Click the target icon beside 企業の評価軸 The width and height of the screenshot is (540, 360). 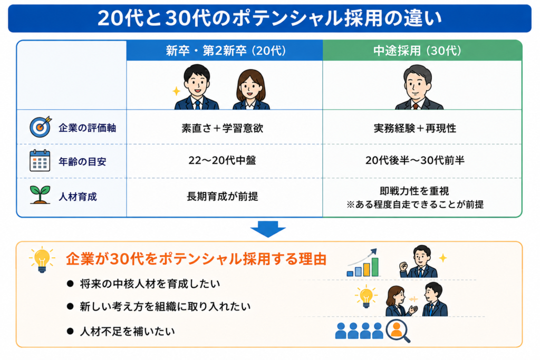40,127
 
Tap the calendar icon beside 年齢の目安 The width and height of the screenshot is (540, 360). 40,160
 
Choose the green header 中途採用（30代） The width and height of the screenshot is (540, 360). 418,51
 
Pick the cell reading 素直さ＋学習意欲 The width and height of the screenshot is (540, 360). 223,128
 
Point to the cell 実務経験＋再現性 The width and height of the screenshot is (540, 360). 415,128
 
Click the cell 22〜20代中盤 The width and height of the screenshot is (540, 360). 222,160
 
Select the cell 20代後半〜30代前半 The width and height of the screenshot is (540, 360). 415,160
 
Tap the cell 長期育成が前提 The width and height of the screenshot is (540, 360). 223,196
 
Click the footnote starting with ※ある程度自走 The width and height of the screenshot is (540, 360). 415,205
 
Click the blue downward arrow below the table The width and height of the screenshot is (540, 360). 268,229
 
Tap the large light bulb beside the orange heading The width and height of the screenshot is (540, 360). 42,260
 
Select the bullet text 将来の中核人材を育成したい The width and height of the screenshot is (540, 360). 150,284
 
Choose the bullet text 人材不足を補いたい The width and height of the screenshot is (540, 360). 128,332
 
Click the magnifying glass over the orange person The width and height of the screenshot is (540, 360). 398,331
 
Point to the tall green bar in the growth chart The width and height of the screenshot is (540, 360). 375,267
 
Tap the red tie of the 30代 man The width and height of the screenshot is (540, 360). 416,106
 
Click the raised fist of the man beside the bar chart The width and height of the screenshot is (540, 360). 403,266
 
